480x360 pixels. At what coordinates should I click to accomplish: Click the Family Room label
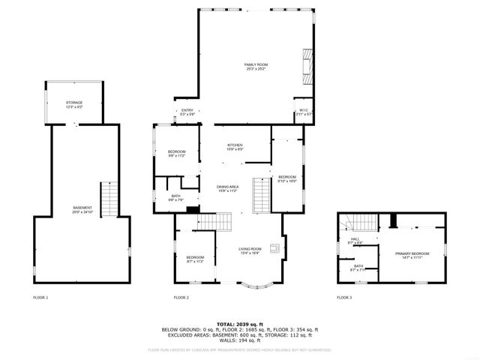click(256, 66)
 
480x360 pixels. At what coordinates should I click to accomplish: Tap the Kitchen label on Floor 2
click(236, 148)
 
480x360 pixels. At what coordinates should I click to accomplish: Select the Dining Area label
click(228, 188)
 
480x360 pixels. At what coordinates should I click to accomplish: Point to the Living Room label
click(250, 250)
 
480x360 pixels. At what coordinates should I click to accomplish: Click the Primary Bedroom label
click(412, 256)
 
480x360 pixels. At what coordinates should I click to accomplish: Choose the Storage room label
click(73, 104)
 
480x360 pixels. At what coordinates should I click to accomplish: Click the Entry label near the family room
click(187, 112)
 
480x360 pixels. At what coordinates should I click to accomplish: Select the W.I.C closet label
click(303, 112)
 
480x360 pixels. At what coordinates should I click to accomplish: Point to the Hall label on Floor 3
click(355, 241)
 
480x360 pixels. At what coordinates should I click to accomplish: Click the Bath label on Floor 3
click(358, 268)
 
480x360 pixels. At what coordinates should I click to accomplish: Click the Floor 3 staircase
click(346, 223)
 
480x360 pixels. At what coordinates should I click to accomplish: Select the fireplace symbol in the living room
click(276, 249)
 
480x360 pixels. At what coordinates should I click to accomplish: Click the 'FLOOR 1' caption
click(40, 298)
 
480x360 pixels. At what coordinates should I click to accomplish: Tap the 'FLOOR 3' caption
click(344, 298)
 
